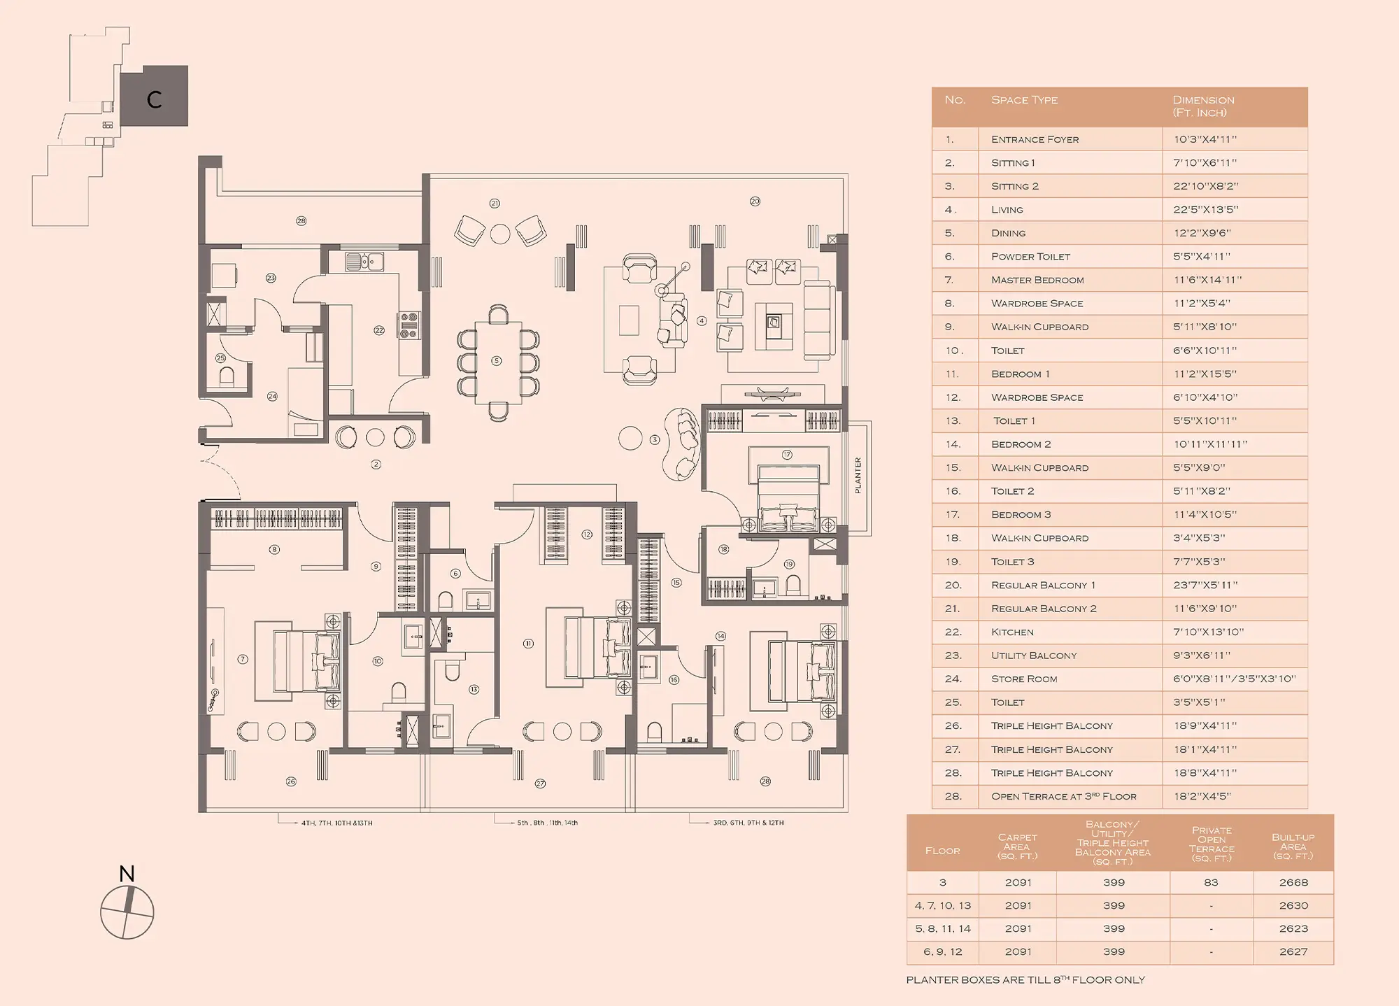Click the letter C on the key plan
coord(155,99)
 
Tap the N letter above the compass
coord(127,874)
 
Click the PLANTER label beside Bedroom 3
coord(858,476)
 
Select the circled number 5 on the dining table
coord(497,361)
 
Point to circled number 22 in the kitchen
coord(379,330)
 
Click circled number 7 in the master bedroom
coord(243,659)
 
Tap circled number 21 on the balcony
coord(495,204)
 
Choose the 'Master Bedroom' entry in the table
coord(1037,280)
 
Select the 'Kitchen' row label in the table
coord(1012,632)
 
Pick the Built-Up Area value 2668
coord(1293,883)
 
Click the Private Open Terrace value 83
coord(1211,883)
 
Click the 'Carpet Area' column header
coord(1017,846)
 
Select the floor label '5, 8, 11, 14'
coord(943,929)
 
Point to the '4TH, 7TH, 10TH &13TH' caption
coord(336,823)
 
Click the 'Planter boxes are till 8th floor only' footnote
coord(1025,979)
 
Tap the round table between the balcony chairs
coord(500,234)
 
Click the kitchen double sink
coord(364,262)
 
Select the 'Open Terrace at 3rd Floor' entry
coord(1063,796)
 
